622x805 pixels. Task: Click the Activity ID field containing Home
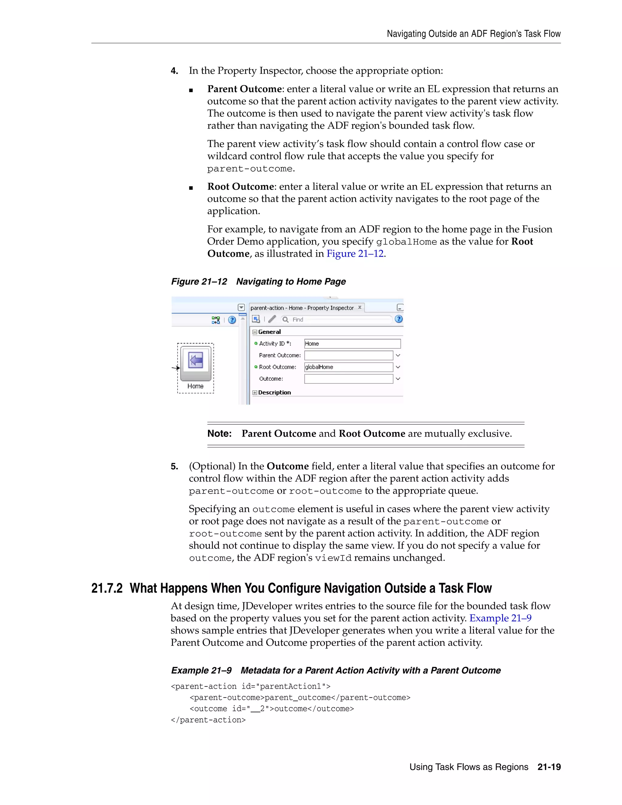tap(352, 344)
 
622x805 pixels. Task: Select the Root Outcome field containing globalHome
tap(348, 367)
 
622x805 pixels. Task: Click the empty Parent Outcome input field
tap(348, 355)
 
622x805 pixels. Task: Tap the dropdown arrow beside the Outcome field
tap(398, 379)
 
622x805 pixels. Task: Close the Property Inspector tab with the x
tap(360, 307)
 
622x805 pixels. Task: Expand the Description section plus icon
tap(255, 392)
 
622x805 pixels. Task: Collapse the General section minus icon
tap(255, 332)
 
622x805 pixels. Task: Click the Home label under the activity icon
tap(195, 386)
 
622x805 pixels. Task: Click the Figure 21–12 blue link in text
tap(355, 254)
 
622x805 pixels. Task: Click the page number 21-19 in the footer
tap(549, 767)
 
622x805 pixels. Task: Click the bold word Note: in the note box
tap(219, 433)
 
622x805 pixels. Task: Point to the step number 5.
tap(174, 467)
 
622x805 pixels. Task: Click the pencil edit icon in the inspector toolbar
tap(272, 319)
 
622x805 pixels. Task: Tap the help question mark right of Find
tap(398, 319)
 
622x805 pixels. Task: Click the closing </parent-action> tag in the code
tap(208, 720)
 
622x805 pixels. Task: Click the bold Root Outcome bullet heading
tap(240, 187)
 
